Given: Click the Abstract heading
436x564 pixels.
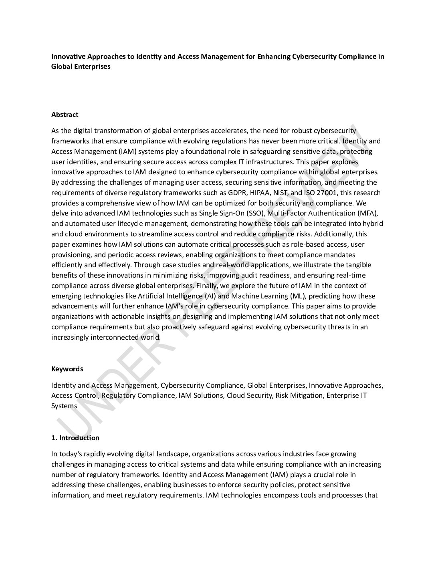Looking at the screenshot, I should (x=65, y=115).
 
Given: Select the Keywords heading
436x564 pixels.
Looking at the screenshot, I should (x=67, y=369).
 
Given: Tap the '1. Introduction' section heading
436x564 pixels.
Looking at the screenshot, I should (x=75, y=438).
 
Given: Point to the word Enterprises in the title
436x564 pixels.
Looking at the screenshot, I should (x=93, y=67).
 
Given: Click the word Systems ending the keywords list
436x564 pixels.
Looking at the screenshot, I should (x=64, y=406).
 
